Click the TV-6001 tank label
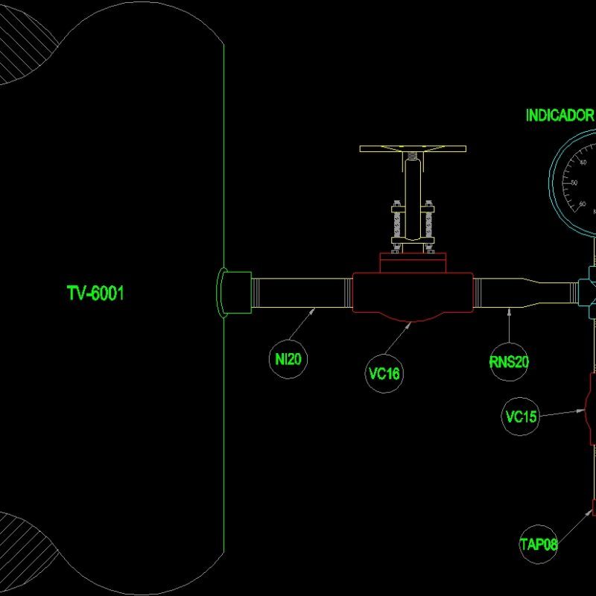coord(95,294)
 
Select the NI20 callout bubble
coord(288,359)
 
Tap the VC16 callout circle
coord(384,373)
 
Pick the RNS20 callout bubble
coord(509,362)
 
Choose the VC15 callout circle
coord(521,416)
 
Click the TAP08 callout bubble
coord(539,545)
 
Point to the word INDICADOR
coord(559,115)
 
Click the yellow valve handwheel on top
coord(412,149)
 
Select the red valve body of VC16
coord(412,295)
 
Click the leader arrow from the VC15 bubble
coord(562,413)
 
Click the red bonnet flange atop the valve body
coord(412,261)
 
